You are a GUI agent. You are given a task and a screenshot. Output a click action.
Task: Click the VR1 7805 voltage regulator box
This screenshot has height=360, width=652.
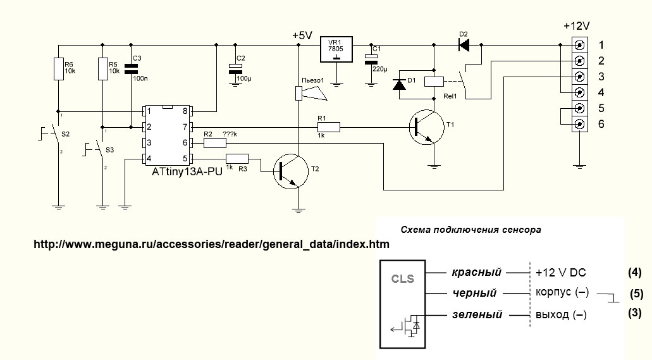336,49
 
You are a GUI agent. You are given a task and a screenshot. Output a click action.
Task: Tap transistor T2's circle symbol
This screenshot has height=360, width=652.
292,171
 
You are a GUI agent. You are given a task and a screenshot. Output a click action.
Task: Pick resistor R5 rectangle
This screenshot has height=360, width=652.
102,70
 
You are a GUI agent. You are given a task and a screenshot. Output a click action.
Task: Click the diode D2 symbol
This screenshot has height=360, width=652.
464,44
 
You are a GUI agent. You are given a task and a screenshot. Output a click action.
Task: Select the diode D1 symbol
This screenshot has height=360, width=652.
399,85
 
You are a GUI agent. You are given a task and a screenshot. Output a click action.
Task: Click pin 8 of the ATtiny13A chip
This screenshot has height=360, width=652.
185,111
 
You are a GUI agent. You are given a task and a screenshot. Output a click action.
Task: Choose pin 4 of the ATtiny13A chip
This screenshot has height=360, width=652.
149,158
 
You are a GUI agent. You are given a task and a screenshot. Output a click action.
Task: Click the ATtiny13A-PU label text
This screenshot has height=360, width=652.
187,171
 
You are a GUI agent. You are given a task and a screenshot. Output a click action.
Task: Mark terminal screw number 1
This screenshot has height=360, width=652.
579,45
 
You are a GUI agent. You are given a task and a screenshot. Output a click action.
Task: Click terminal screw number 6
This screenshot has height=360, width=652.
579,124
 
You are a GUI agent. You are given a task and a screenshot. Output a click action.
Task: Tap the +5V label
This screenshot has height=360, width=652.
302,36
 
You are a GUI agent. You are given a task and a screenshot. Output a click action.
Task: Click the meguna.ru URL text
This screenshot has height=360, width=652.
211,244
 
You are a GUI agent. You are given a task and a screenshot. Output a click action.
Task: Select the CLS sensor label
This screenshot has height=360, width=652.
402,278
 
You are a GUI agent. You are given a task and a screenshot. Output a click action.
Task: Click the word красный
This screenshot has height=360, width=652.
476,273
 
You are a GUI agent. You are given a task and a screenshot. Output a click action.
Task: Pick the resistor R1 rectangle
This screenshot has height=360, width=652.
329,127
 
